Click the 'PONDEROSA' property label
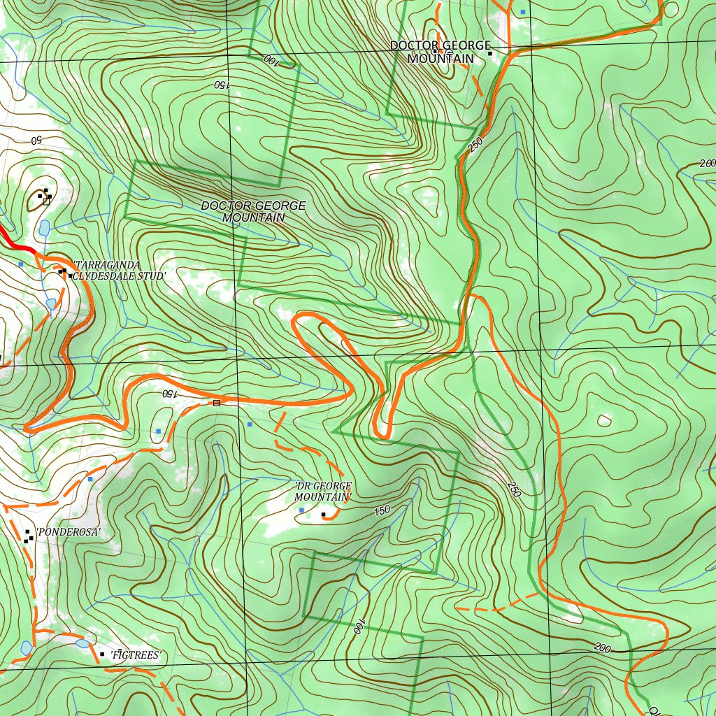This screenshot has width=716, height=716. click(69, 532)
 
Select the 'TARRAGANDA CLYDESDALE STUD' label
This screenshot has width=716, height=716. click(119, 271)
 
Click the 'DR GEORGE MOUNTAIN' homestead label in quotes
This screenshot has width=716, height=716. click(322, 491)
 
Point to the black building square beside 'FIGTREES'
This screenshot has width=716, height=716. click(103, 654)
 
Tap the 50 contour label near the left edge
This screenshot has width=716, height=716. click(36, 140)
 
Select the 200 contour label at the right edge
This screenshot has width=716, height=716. click(707, 164)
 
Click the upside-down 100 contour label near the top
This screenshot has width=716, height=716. click(271, 61)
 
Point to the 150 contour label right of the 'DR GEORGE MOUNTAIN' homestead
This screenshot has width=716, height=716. click(382, 511)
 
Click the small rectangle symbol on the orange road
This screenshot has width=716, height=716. click(216, 403)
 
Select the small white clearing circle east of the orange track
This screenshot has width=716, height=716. click(603, 421)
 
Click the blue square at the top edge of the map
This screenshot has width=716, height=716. click(522, 12)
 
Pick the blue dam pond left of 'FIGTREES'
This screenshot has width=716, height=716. click(83, 643)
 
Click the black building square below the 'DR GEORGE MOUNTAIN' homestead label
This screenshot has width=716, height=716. click(323, 515)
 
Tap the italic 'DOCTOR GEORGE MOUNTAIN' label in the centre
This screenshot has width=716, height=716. click(253, 211)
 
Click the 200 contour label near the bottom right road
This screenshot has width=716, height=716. click(602, 648)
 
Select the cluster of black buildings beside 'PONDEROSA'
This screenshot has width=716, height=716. click(28, 536)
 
